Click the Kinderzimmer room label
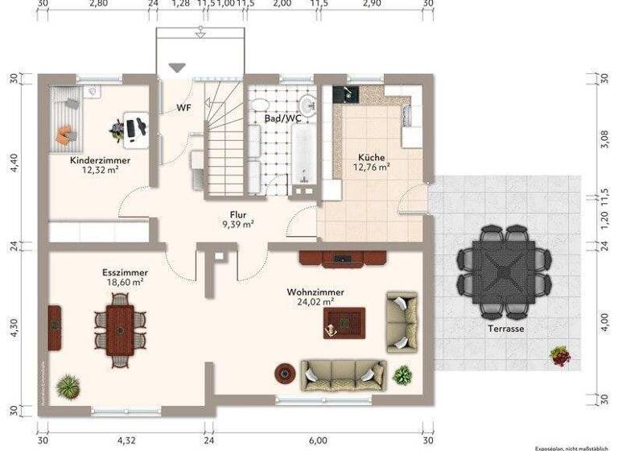[x=100, y=160]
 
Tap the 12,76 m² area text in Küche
[x=372, y=168]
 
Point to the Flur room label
[x=237, y=215]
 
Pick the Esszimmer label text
[x=125, y=272]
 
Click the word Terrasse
[x=505, y=329]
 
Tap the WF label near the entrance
[x=183, y=106]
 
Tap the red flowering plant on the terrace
[x=560, y=354]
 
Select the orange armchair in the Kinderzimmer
[x=64, y=135]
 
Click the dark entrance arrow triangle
[x=176, y=69]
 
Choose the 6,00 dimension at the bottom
[x=318, y=441]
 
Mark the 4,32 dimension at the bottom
[x=126, y=441]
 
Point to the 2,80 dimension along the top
[x=97, y=4]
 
